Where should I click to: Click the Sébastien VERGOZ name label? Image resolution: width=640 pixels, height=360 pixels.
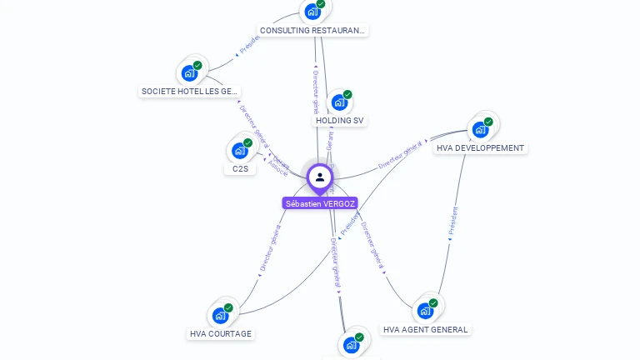(x=320, y=203)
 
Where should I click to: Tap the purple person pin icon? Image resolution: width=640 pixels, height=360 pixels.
(x=319, y=177)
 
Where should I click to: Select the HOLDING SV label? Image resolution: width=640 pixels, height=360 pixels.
(x=340, y=121)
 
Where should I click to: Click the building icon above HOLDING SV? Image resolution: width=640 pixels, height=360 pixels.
(x=338, y=102)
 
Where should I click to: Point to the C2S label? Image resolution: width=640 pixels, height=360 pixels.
(x=240, y=168)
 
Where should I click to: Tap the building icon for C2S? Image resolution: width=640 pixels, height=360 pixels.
(x=239, y=151)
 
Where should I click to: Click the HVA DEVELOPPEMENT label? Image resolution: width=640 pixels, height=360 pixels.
(x=480, y=148)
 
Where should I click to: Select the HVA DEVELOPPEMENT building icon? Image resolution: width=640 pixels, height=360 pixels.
(x=480, y=129)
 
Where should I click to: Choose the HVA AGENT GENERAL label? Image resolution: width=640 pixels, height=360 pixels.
(x=426, y=329)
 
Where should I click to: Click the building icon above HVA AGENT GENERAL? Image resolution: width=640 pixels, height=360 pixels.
(x=425, y=311)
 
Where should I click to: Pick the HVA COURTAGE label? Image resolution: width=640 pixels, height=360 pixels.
(x=221, y=334)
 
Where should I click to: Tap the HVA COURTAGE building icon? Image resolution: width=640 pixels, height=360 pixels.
(x=220, y=315)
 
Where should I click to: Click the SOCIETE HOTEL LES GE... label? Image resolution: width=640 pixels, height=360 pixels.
(x=190, y=92)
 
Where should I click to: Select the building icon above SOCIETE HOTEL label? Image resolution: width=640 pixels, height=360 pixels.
(x=189, y=73)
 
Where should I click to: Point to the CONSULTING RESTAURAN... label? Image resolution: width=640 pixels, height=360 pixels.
(x=312, y=31)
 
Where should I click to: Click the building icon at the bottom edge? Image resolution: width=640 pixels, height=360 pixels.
(x=351, y=344)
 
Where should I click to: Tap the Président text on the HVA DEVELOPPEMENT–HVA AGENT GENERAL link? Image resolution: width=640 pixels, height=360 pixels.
(x=452, y=222)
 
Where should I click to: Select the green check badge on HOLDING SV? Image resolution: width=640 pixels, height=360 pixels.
(x=347, y=94)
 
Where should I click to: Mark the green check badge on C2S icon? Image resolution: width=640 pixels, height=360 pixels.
(x=247, y=143)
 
